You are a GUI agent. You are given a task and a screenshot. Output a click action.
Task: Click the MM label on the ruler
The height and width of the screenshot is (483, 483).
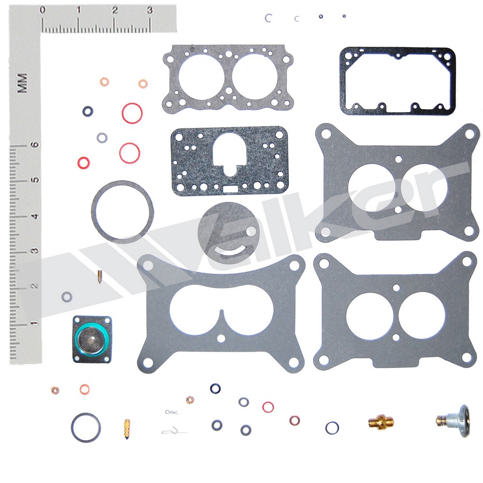coord(22,83)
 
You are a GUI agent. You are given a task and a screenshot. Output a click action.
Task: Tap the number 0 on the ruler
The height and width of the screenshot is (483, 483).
coord(43,10)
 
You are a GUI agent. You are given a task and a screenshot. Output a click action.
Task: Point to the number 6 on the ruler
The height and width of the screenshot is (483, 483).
coord(35,145)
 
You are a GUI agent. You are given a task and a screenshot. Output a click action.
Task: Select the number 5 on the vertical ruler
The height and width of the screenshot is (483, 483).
coord(35,180)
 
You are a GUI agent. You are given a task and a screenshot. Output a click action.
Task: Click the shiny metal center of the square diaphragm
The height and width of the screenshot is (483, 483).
coord(91,340)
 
